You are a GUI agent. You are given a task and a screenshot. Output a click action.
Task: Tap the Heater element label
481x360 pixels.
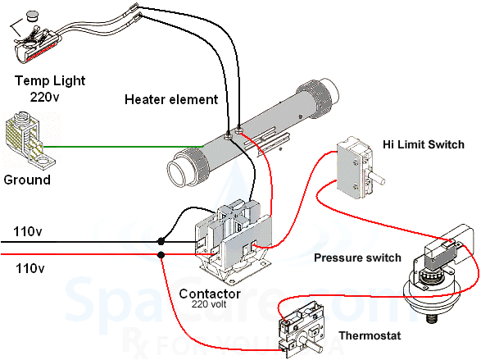171,100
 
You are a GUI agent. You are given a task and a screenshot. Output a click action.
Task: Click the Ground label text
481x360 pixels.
27,180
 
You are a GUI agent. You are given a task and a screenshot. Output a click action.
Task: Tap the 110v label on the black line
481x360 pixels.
28,232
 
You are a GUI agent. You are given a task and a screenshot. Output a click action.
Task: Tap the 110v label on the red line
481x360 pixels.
28,268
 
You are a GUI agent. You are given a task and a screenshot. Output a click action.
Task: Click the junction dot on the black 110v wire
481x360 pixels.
161,242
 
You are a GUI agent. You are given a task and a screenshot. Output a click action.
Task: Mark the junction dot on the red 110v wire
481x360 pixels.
161,255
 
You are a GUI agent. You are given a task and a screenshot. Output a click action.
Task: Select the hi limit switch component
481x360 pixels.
358,169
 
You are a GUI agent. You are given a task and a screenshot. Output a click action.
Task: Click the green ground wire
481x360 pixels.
131,147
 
